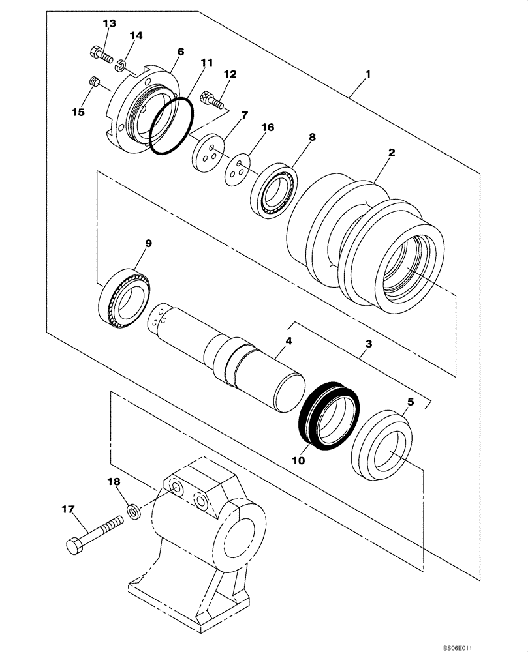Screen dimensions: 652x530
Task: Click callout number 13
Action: tap(109, 23)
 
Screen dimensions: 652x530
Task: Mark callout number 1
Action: tap(367, 75)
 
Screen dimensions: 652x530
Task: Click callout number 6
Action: tap(180, 51)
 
